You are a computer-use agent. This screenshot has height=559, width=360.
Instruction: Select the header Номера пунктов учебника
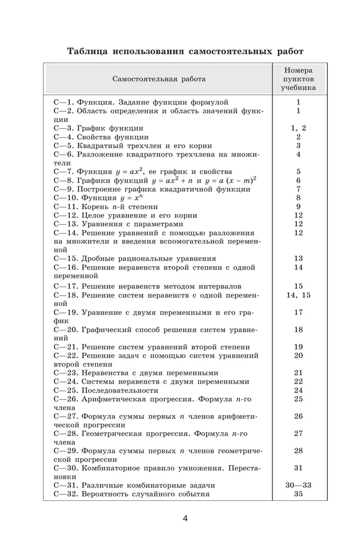click(299, 79)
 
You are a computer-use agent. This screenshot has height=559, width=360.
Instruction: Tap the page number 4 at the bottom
click(186, 519)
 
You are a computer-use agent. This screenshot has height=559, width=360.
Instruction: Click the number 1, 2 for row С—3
click(299, 128)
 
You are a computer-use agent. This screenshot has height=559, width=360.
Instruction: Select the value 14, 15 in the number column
click(299, 295)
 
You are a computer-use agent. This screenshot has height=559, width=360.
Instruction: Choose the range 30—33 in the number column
click(299, 485)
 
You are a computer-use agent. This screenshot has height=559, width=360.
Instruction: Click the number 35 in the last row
click(299, 494)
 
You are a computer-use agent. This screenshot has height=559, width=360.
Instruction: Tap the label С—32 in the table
click(65, 494)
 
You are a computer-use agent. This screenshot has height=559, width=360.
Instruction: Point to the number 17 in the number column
click(299, 312)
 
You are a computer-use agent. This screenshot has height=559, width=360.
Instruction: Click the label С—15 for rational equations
click(65, 258)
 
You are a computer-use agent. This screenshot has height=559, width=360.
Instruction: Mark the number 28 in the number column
click(299, 451)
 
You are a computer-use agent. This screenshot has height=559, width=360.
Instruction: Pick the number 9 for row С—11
click(299, 206)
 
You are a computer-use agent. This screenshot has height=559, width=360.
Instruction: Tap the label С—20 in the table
click(65, 330)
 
